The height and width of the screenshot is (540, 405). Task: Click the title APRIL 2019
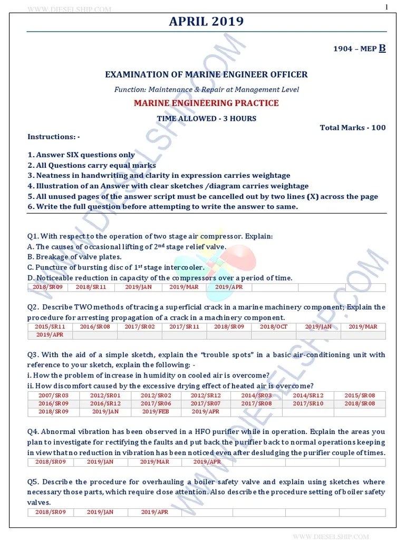[x=206, y=21]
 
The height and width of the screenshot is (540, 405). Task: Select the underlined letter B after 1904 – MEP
[x=382, y=49]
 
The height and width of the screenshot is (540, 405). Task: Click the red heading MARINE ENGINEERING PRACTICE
[x=206, y=103]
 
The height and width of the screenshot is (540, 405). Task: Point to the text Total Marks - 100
[x=352, y=128]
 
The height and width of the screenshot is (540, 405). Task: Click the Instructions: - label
[x=54, y=137]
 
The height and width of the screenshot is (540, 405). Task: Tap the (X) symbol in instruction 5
[x=320, y=197]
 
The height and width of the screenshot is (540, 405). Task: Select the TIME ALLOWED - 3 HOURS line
[x=206, y=118]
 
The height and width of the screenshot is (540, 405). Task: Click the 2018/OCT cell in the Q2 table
[x=274, y=327]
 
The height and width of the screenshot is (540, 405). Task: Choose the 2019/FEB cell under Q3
[x=156, y=411]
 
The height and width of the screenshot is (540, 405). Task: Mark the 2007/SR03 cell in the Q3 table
[x=53, y=396]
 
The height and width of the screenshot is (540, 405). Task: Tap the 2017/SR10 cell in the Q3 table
[x=308, y=403]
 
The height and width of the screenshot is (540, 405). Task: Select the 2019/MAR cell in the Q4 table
[x=154, y=462]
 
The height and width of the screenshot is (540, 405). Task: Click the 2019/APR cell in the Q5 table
[x=154, y=512]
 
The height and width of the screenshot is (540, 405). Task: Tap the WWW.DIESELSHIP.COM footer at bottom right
[x=331, y=536]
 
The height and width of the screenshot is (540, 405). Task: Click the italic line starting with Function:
[x=206, y=90]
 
